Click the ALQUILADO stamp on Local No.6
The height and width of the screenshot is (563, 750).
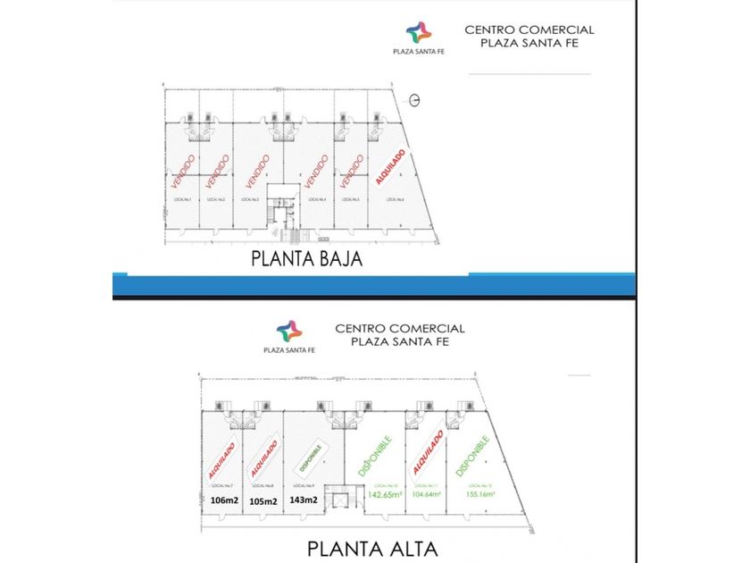click(390, 167)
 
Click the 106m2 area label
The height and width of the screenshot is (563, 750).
click(219, 500)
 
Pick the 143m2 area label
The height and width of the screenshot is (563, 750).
click(304, 500)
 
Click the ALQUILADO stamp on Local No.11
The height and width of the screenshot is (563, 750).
click(428, 454)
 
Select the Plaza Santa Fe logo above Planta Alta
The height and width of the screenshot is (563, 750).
click(289, 332)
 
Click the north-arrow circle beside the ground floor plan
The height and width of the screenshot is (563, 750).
click(415, 98)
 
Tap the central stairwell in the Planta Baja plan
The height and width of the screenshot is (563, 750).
click(284, 214)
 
